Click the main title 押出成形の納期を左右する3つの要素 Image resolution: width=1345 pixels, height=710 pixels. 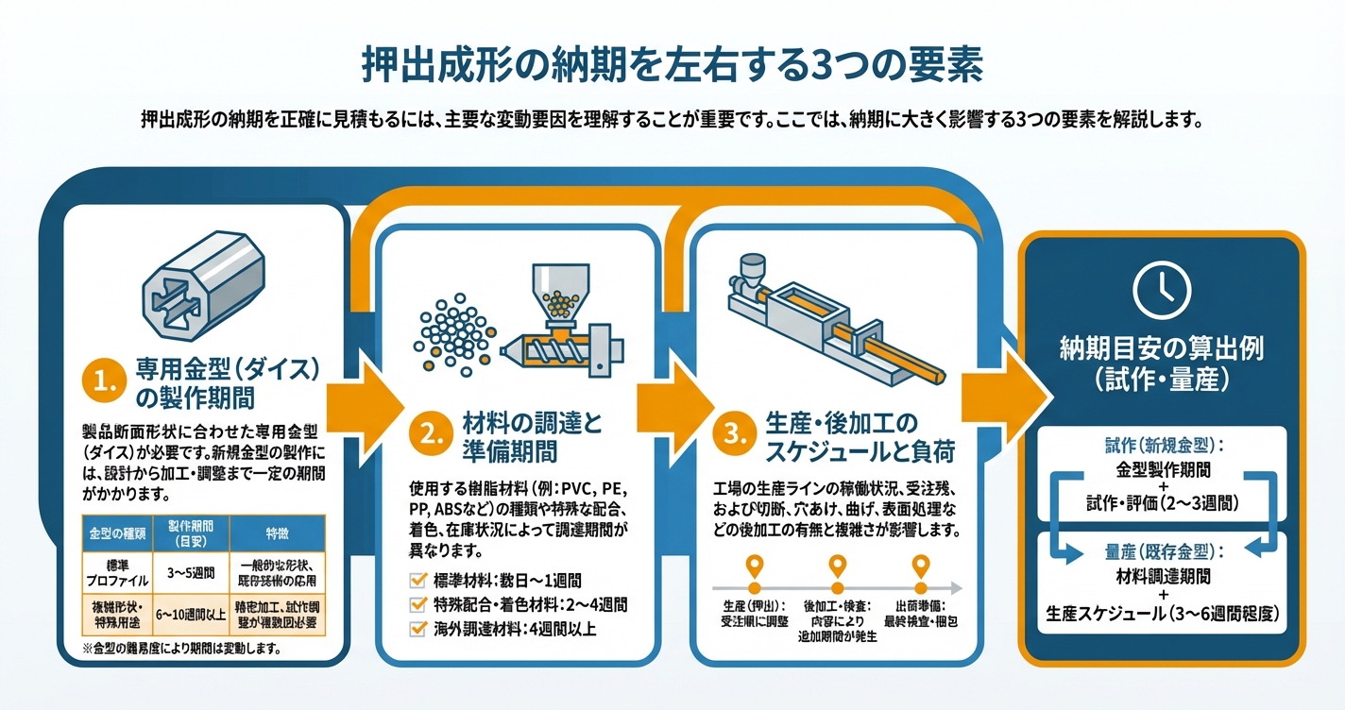point(672,66)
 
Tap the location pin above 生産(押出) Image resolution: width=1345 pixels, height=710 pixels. point(754,567)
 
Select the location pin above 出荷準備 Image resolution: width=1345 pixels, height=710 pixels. point(922,567)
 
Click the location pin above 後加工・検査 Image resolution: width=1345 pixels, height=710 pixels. point(838,567)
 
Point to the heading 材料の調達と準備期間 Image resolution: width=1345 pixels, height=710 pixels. point(533,435)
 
